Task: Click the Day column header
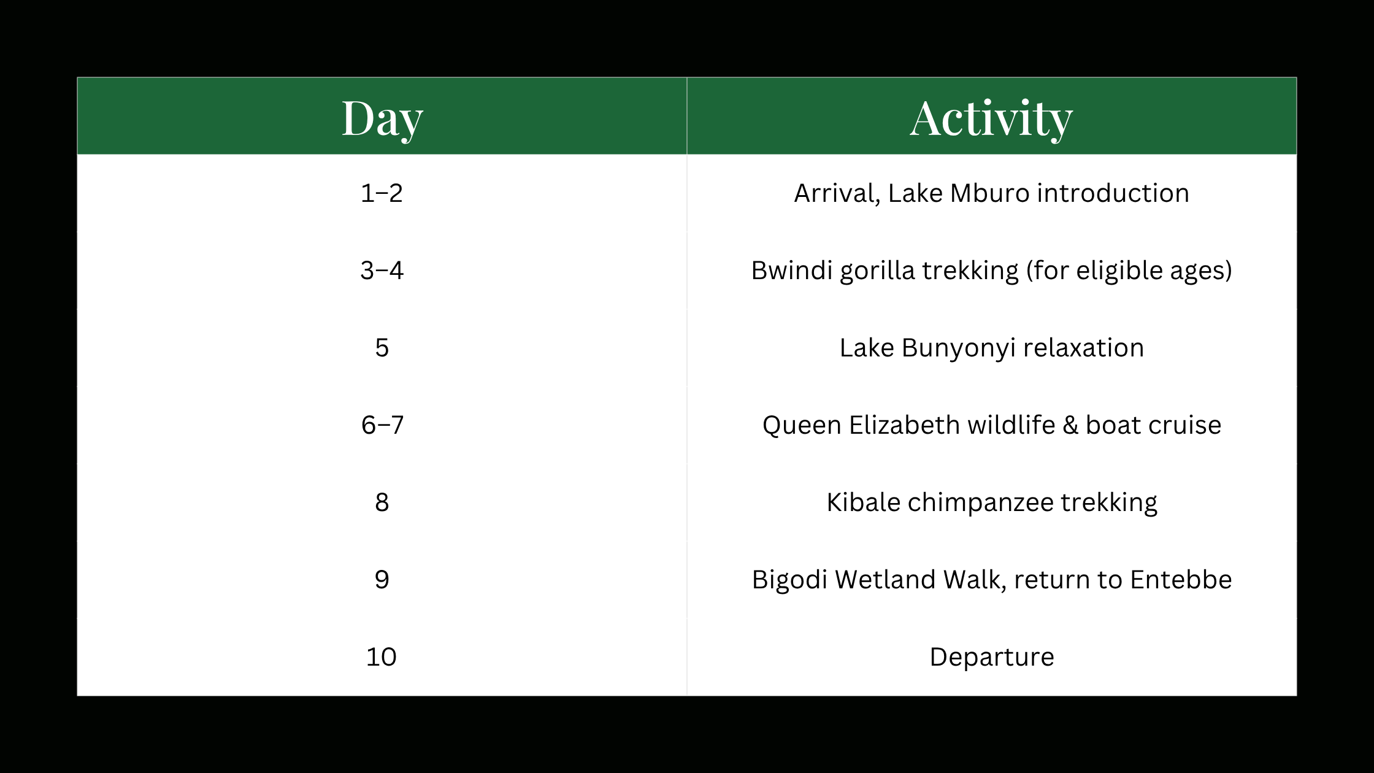[382, 118]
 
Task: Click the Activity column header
[991, 118]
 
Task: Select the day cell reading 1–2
[382, 193]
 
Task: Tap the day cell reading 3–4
[382, 271]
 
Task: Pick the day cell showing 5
[382, 348]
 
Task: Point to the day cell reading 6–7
[382, 425]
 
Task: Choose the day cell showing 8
[382, 502]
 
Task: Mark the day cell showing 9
[382, 580]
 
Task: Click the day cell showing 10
[382, 657]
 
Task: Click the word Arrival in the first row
[837, 194]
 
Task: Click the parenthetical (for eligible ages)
[1129, 271]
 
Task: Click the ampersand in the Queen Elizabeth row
[1070, 425]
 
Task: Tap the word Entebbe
[1181, 580]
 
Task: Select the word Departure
[992, 658]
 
